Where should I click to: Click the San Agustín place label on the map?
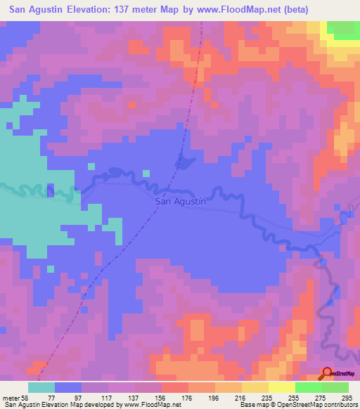[x=179, y=201]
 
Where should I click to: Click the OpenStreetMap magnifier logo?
[x=328, y=373]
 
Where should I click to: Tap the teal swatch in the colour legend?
[x=41, y=387]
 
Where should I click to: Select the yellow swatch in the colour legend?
[x=281, y=387]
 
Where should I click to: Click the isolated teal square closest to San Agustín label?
[x=146, y=173]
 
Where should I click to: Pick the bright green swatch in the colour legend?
[x=308, y=387]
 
